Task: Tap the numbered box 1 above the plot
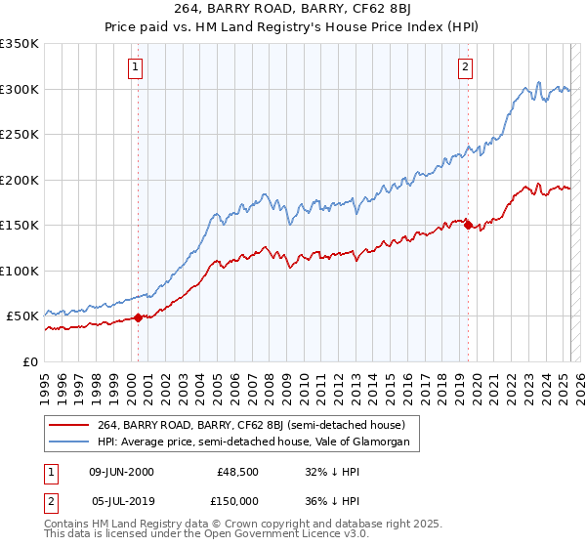point(135,67)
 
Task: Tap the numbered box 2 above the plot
point(465,67)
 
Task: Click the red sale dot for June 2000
point(138,316)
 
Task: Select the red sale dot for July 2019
point(467,225)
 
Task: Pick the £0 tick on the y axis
point(30,361)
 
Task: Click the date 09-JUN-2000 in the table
point(121,472)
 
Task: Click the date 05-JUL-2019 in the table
point(121,501)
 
